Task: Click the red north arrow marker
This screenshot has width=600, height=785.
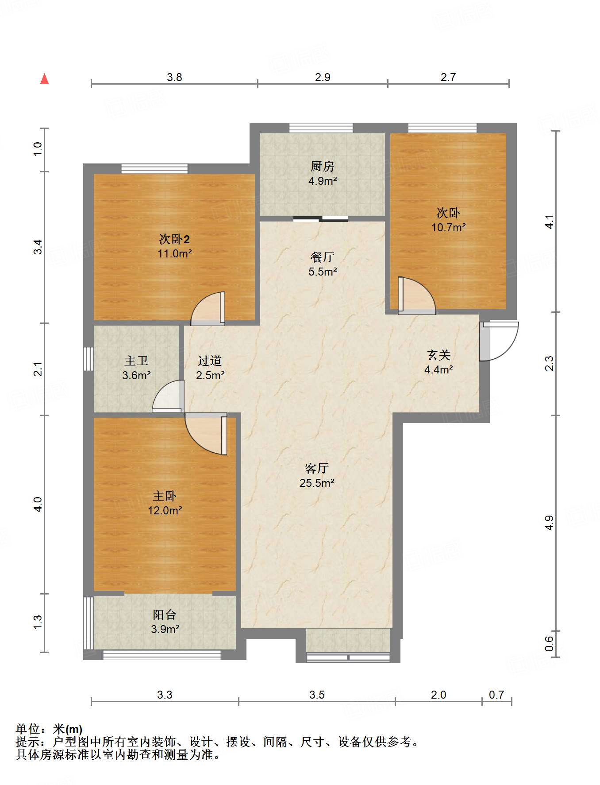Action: (44, 79)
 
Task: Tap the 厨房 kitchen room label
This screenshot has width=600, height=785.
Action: (322, 167)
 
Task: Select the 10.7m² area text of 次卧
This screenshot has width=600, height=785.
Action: (448, 228)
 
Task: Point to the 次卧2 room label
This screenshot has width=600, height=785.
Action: (174, 240)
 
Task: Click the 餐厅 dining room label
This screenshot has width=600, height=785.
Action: (322, 257)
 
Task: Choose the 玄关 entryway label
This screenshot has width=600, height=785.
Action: (438, 355)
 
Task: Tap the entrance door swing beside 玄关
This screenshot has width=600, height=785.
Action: (499, 341)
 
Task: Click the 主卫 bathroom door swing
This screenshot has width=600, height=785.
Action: (168, 396)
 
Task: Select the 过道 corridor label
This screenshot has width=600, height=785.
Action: (209, 361)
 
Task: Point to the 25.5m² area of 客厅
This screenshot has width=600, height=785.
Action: (317, 483)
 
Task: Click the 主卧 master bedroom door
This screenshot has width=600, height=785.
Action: (206, 434)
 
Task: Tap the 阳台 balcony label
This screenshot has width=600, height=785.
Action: (165, 615)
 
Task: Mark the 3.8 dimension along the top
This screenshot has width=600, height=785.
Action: (174, 78)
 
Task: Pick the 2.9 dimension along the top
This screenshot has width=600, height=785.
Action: (323, 78)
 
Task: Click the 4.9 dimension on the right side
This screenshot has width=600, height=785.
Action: (549, 523)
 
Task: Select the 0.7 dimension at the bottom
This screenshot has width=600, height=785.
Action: (496, 695)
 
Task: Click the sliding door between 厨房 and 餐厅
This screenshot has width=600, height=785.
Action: (321, 218)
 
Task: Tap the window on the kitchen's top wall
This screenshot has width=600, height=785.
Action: (321, 128)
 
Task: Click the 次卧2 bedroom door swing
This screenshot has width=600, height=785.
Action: (208, 308)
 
